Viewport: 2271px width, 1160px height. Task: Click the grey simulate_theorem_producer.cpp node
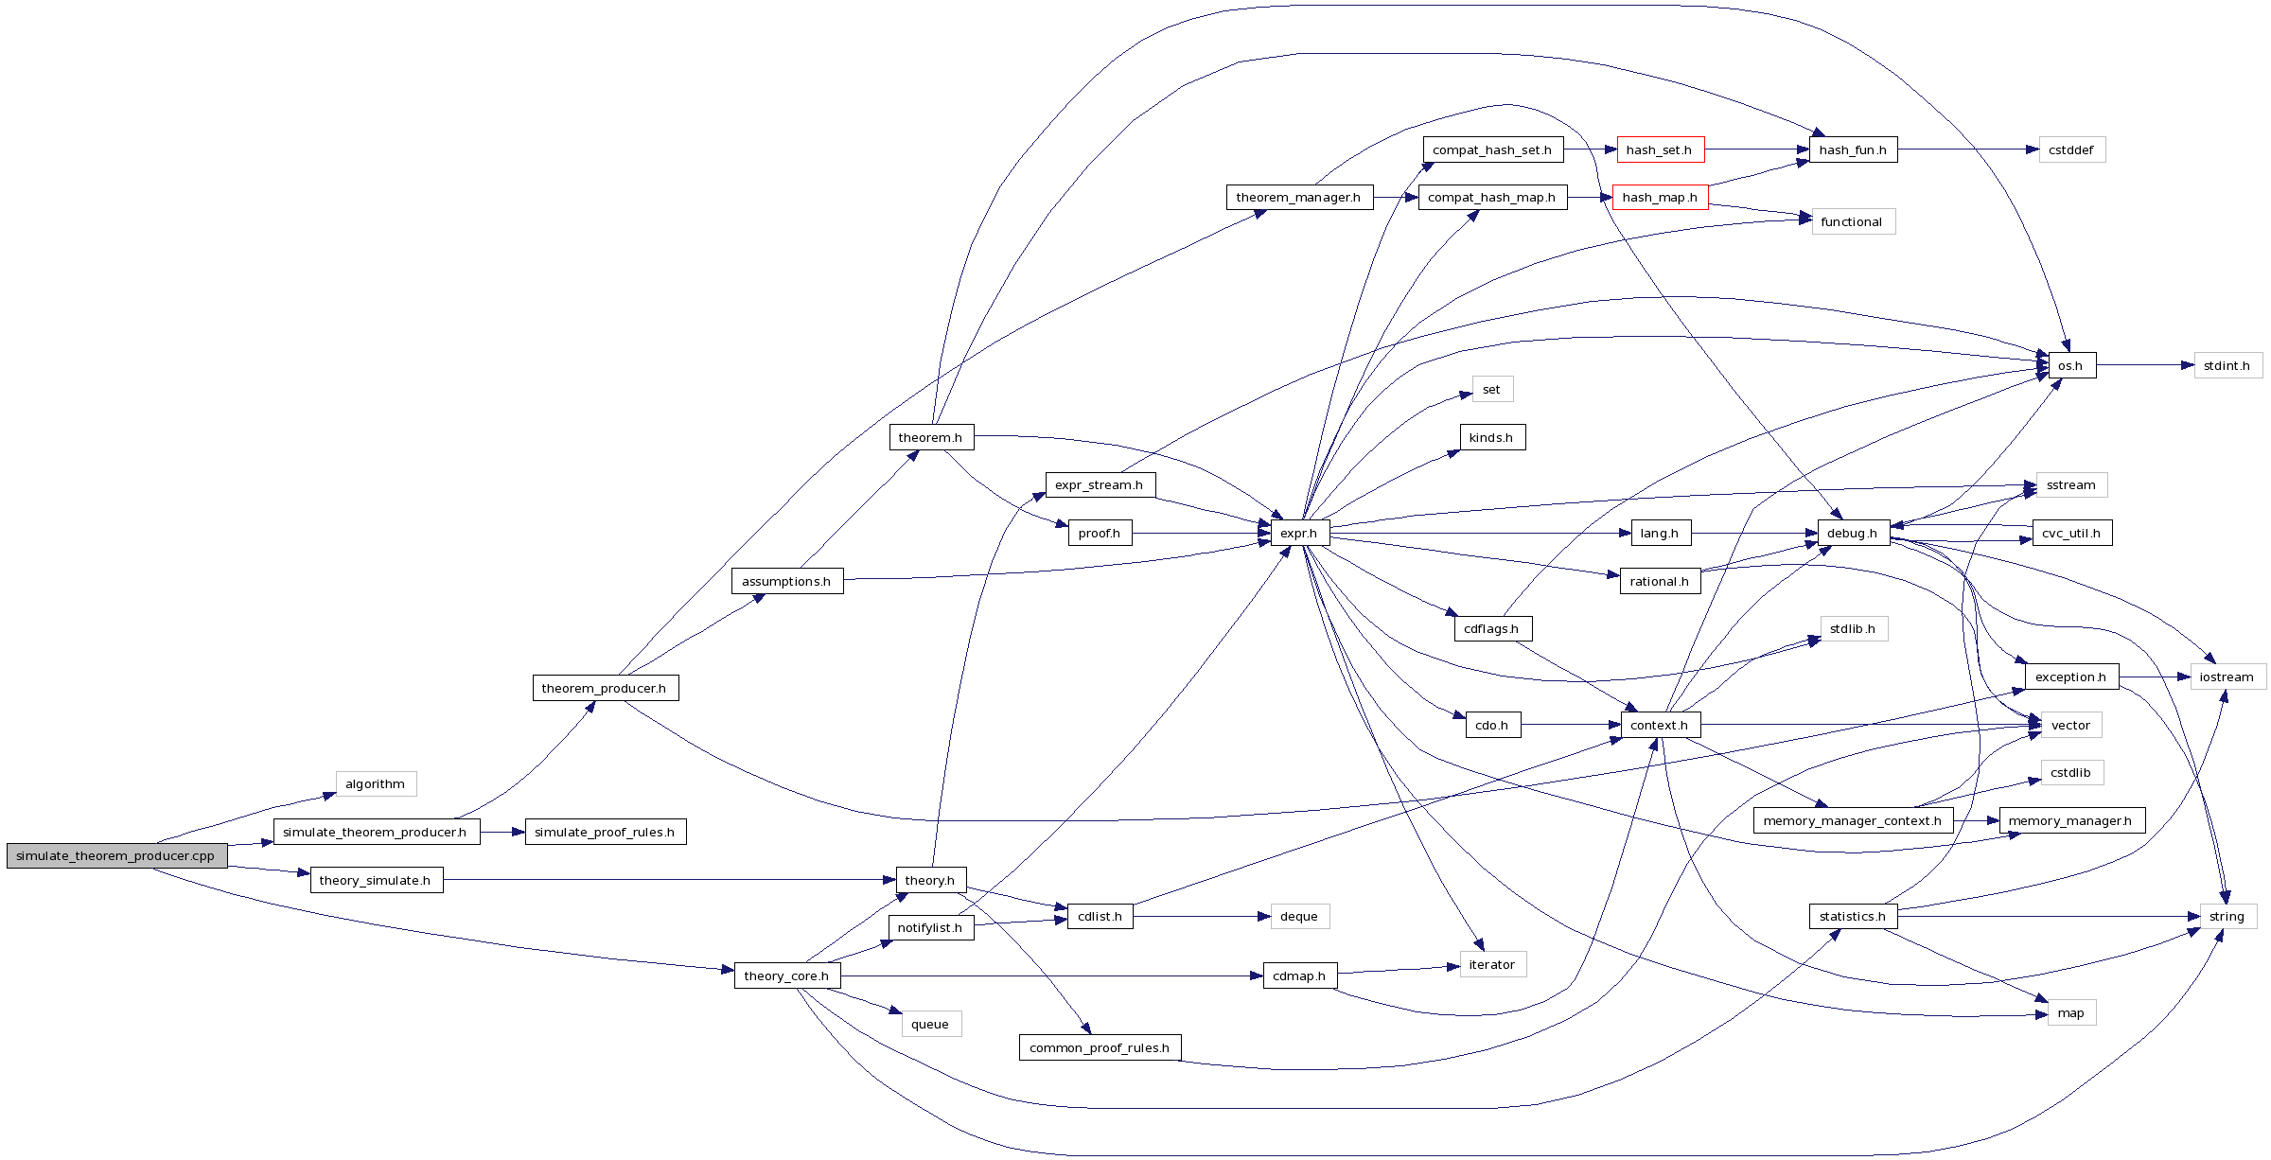(116, 856)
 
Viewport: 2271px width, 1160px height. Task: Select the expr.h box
(1299, 534)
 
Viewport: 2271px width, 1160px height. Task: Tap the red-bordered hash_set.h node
(1660, 150)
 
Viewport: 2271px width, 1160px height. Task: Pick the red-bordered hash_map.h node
(1660, 198)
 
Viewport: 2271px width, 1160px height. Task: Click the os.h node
(2070, 366)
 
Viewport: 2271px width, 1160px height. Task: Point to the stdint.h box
(2227, 366)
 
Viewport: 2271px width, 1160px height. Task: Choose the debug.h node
(1853, 534)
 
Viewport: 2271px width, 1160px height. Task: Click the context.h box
(1660, 726)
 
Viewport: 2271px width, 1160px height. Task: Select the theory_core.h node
(786, 976)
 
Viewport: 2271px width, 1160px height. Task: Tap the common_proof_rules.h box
(1100, 1048)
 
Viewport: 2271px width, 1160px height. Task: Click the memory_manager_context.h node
(1853, 821)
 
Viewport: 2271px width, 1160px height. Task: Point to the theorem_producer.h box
(605, 689)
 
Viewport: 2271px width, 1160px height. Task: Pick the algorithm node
(376, 784)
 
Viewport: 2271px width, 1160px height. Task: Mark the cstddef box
(2071, 150)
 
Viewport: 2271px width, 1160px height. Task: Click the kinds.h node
(1491, 438)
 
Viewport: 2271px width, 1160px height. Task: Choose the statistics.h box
(1853, 917)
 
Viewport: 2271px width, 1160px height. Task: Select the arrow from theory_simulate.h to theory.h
(662, 881)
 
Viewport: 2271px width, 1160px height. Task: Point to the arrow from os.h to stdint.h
(2143, 365)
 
